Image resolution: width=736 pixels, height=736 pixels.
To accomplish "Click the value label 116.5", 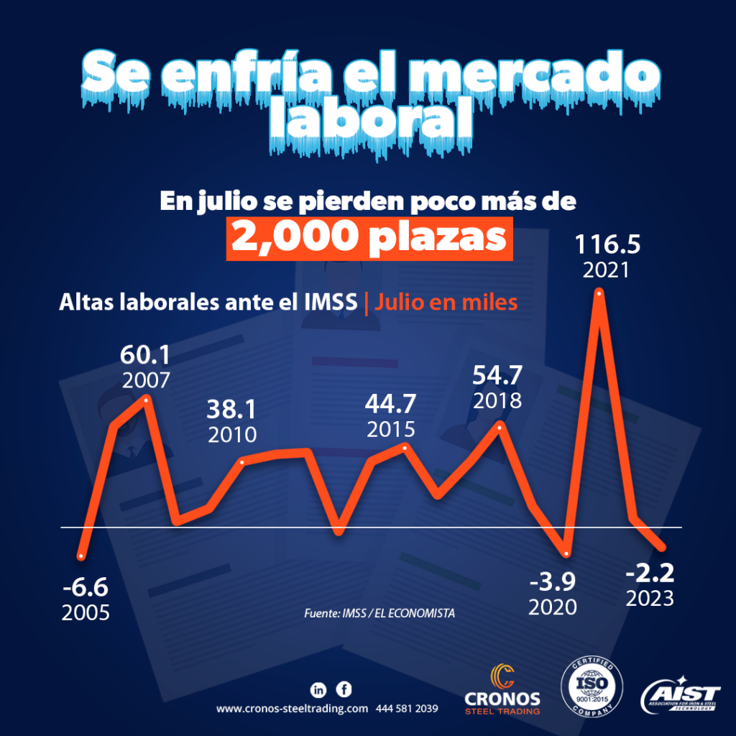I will point(607,247).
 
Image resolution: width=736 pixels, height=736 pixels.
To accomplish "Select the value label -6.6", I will point(85,589).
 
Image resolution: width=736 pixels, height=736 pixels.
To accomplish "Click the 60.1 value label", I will point(146,354).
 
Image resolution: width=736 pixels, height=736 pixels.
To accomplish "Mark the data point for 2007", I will point(146,398).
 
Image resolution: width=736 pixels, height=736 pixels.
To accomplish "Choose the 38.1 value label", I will point(232,409).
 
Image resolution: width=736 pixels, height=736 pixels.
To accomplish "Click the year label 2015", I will point(391,429).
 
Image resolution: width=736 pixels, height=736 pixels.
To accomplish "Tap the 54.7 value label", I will point(497,374).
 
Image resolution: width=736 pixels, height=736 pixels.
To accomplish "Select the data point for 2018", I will point(500,424).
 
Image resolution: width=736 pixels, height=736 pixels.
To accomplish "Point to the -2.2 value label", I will point(650,573).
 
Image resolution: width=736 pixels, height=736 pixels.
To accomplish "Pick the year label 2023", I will point(650,598).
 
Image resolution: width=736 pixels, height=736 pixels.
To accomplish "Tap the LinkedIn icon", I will point(318,689).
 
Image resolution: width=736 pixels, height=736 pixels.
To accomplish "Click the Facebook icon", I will point(345,689).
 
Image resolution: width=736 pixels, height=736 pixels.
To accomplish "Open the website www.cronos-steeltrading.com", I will point(292,709).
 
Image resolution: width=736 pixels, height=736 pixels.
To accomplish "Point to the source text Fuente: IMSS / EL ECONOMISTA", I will point(380,614).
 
